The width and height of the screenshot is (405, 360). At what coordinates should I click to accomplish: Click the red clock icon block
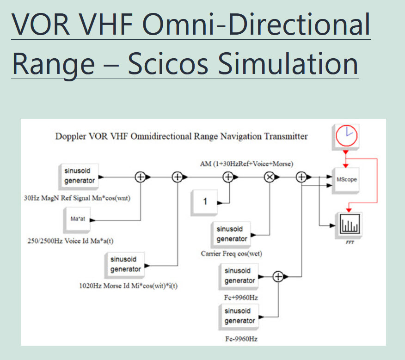pyautogui.click(x=346, y=137)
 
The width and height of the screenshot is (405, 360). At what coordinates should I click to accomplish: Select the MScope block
pyautogui.click(x=346, y=180)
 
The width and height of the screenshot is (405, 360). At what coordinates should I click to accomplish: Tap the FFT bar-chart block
pyautogui.click(x=349, y=225)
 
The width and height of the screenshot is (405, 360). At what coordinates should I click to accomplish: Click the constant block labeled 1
pyautogui.click(x=204, y=202)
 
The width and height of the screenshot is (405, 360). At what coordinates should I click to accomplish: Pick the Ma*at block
pyautogui.click(x=77, y=220)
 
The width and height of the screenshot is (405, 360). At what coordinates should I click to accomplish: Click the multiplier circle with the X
pyautogui.click(x=270, y=177)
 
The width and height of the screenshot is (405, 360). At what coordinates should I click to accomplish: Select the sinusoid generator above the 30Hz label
pyautogui.click(x=79, y=177)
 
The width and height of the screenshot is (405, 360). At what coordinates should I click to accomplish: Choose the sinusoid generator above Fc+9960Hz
pyautogui.click(x=239, y=276)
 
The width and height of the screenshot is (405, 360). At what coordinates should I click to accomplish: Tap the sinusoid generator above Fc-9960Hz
pyautogui.click(x=239, y=317)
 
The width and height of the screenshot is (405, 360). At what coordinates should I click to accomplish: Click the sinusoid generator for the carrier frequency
pyautogui.click(x=231, y=235)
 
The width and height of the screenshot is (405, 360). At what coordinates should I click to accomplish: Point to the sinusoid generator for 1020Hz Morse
pyautogui.click(x=125, y=265)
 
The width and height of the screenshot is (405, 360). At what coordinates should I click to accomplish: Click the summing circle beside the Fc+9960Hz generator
pyautogui.click(x=278, y=276)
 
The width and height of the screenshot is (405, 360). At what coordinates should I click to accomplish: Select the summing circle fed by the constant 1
pyautogui.click(x=228, y=177)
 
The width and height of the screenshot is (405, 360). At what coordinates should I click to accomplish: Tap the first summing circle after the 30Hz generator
pyautogui.click(x=141, y=177)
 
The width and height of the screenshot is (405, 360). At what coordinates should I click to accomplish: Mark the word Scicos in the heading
pyautogui.click(x=168, y=64)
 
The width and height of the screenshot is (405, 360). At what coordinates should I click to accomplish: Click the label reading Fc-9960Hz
pyautogui.click(x=241, y=339)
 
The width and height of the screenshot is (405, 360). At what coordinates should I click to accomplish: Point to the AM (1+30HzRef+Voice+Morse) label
pyautogui.click(x=247, y=164)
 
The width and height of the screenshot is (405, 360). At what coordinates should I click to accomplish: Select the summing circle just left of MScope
pyautogui.click(x=301, y=177)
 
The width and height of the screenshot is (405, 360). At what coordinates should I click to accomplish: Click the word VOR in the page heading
pyautogui.click(x=41, y=24)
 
